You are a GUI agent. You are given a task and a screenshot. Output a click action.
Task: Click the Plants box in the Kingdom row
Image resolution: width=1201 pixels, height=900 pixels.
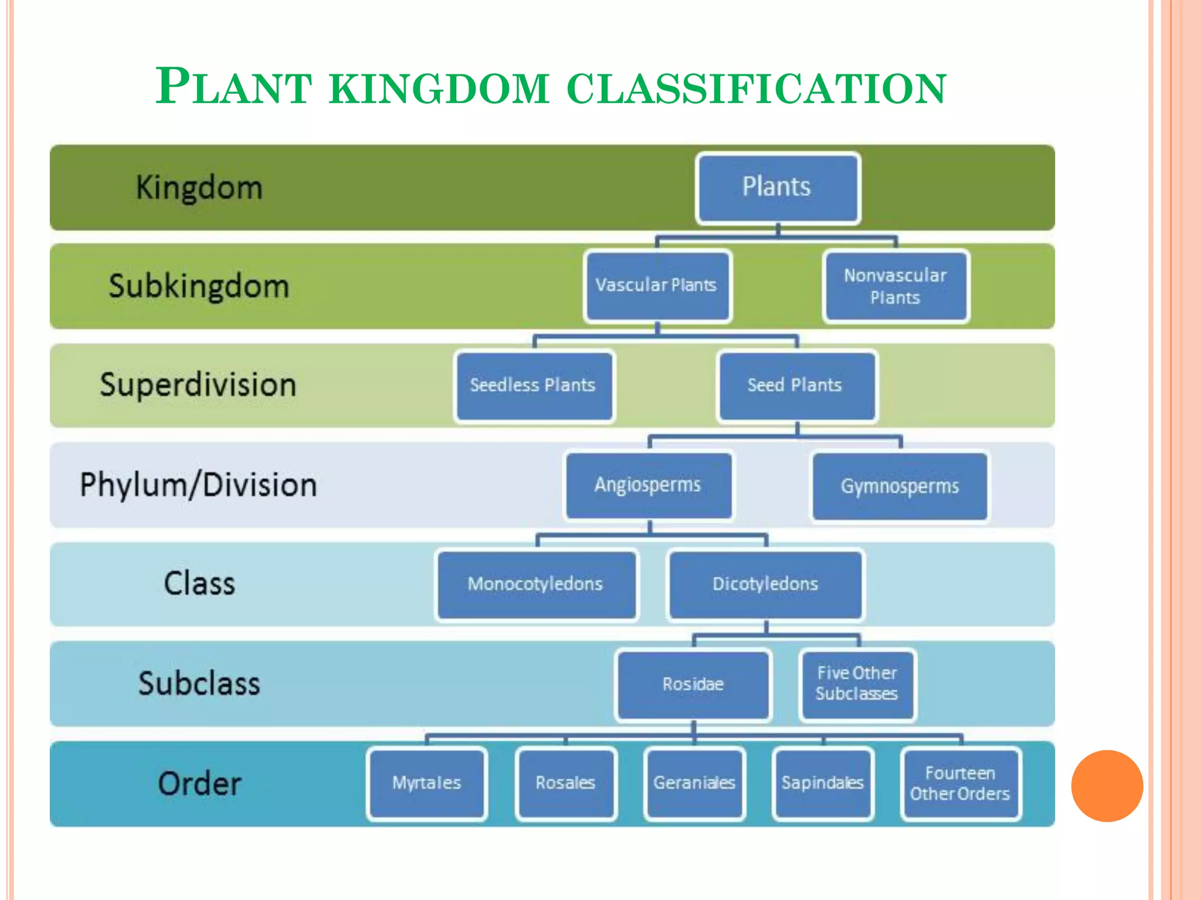coord(778,188)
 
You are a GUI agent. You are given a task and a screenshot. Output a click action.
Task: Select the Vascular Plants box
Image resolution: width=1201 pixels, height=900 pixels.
coord(657,286)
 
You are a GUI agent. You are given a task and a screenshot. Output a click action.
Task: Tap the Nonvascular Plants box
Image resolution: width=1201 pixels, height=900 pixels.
coord(895,286)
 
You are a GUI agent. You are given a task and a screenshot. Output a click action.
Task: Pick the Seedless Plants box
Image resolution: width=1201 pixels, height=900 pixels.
coord(534,386)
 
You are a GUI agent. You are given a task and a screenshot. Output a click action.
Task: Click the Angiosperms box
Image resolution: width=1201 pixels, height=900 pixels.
coord(649,485)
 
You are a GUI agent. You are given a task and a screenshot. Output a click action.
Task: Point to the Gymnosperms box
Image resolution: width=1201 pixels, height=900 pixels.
coord(900,486)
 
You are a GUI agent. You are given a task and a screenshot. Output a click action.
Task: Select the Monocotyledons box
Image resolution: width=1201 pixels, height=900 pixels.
coord(536,584)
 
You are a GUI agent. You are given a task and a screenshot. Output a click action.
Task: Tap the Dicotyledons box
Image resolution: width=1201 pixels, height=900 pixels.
coord(765,584)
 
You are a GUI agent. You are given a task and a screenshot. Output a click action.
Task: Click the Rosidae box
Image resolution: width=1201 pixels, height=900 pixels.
coord(693,684)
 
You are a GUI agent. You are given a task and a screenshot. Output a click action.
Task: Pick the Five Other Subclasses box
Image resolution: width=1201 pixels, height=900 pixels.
coord(857,684)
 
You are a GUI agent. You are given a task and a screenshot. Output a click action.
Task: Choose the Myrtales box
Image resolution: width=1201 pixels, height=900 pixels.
coord(427,783)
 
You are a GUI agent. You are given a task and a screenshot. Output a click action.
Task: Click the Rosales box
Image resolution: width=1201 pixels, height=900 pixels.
coord(566,783)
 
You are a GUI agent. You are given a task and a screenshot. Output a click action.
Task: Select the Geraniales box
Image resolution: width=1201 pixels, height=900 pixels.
coord(694,783)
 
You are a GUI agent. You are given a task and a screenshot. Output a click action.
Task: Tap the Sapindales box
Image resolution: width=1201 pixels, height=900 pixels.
coord(823,783)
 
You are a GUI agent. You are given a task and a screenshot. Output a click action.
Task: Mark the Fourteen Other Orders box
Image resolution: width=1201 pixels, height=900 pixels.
coord(961,783)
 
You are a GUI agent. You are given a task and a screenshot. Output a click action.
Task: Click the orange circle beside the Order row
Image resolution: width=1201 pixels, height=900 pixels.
coord(1107,786)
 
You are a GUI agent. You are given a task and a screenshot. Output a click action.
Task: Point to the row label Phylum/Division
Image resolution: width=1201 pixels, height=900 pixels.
coord(198,485)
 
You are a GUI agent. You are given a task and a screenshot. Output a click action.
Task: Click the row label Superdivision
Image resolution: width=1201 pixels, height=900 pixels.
coord(198,386)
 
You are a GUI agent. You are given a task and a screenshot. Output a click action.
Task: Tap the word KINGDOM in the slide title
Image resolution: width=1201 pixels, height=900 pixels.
coord(439,88)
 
